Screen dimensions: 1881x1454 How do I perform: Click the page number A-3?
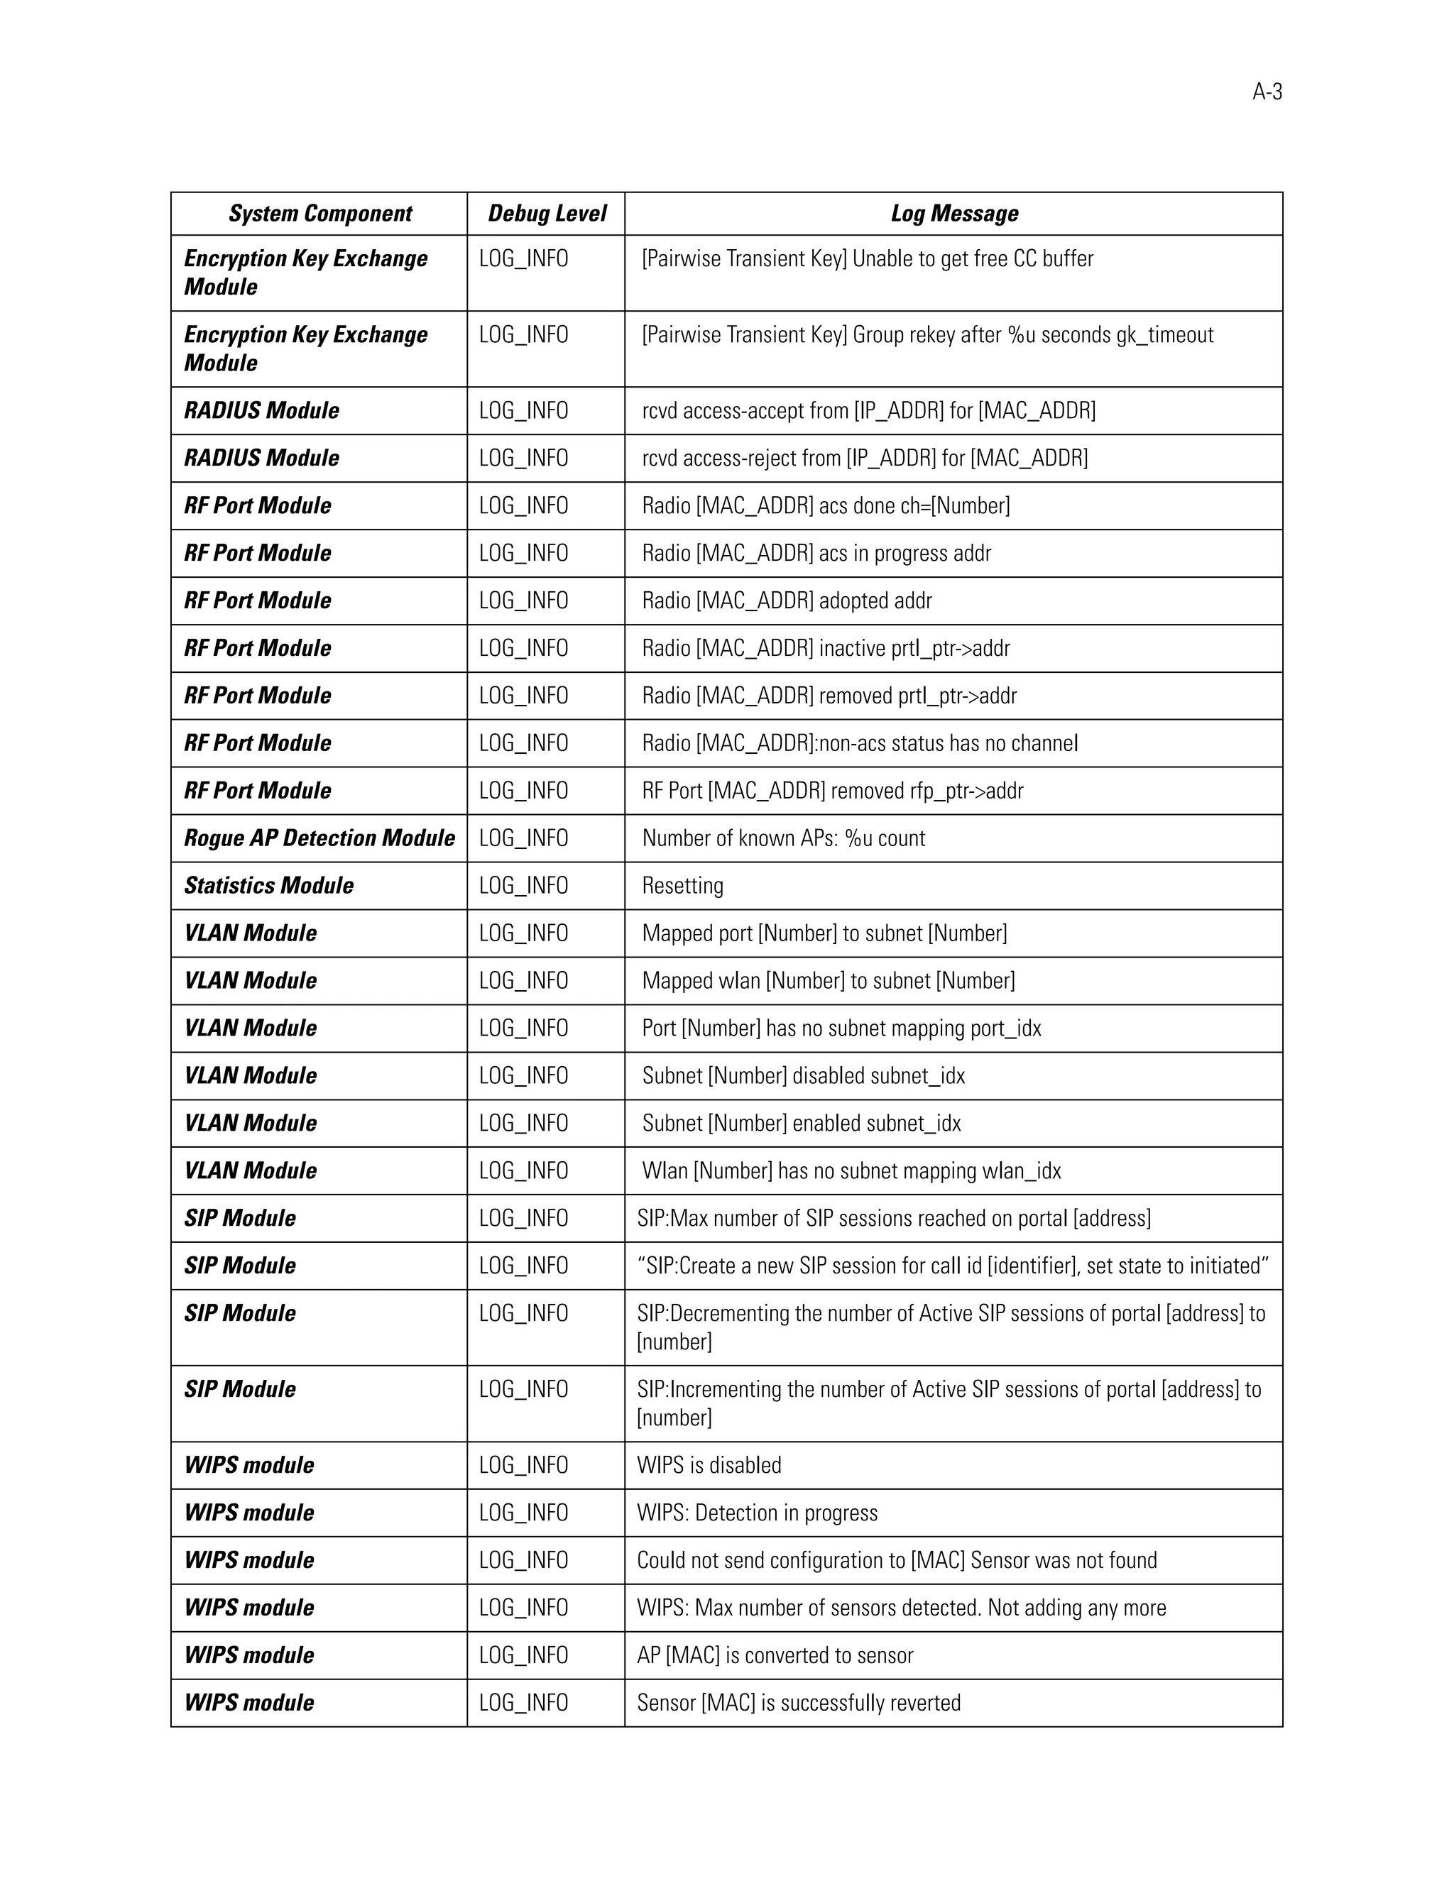click(x=1267, y=92)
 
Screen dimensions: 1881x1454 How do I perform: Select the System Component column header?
click(x=319, y=214)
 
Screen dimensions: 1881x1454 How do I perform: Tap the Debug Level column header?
click(x=547, y=214)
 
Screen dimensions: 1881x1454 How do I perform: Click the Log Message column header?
click(x=953, y=214)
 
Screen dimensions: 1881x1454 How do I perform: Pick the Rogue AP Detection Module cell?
click(x=319, y=838)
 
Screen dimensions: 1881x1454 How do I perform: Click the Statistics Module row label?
click(x=269, y=885)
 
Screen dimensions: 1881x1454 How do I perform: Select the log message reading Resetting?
click(x=682, y=885)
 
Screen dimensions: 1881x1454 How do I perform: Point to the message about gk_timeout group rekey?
click(x=926, y=335)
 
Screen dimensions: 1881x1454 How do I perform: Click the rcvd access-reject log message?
click(x=865, y=459)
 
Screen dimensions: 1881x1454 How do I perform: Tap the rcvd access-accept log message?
click(x=868, y=411)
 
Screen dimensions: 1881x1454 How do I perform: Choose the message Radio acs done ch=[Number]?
click(x=825, y=505)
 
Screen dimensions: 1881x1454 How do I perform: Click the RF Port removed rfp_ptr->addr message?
click(x=832, y=791)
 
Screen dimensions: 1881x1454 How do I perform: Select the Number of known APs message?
click(x=783, y=838)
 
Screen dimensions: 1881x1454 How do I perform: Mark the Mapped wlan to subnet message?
click(x=828, y=981)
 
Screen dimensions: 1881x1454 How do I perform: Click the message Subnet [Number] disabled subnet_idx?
click(x=803, y=1075)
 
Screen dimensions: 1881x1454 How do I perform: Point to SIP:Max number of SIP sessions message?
click(x=893, y=1218)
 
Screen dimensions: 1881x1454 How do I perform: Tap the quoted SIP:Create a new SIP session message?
click(x=953, y=1265)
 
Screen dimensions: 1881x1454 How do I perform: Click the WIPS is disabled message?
click(x=709, y=1465)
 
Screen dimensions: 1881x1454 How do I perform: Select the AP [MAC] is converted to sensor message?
click(x=775, y=1655)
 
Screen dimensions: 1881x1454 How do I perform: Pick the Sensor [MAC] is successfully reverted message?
click(x=799, y=1703)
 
